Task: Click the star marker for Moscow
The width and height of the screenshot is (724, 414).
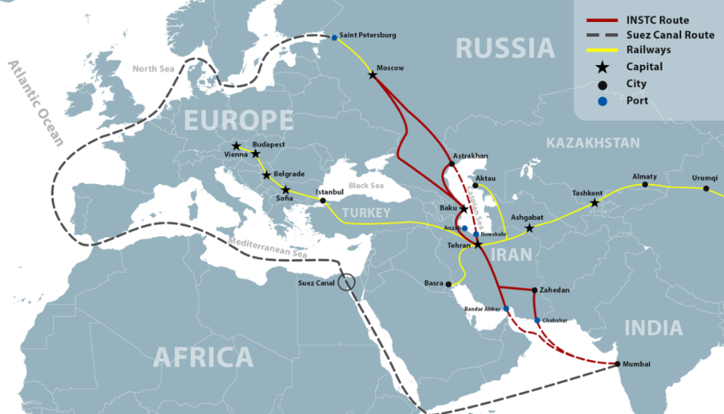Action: pos(373,74)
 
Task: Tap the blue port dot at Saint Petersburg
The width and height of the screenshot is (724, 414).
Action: pos(334,38)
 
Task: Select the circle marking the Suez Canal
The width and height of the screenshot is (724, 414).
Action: pos(346,282)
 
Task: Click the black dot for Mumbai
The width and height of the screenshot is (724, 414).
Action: pos(617,364)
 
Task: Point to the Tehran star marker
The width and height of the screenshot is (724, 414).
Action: pos(478,244)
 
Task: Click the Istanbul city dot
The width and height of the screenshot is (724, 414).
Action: pos(323,200)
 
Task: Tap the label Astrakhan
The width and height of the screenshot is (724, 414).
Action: pos(472,156)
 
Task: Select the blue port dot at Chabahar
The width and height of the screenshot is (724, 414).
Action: pos(538,321)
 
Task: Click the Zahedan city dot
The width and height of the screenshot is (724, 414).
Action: pos(534,289)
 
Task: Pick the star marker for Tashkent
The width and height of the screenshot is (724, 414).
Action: pos(595,204)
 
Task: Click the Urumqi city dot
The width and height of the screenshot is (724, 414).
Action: pos(706,188)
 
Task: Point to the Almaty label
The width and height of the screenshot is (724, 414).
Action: pos(644,176)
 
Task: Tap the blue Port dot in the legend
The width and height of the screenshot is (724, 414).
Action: pos(602,100)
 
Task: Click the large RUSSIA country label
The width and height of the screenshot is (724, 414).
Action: pos(505,48)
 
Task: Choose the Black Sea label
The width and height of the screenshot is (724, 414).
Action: pos(366,185)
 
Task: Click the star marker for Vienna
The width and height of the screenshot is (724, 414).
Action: pos(236,146)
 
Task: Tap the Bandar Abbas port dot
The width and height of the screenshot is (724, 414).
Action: pos(506,309)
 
